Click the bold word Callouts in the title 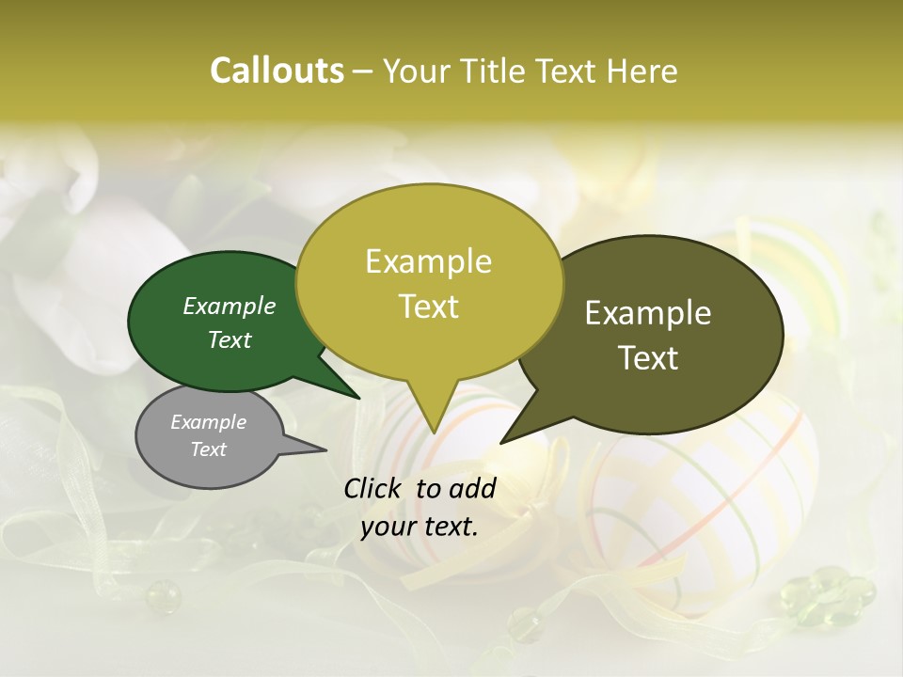pyautogui.click(x=277, y=71)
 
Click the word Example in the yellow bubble pyautogui.click(x=428, y=261)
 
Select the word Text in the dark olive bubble pyautogui.click(x=648, y=357)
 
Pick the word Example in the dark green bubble pyautogui.click(x=230, y=306)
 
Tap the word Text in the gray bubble pyautogui.click(x=209, y=449)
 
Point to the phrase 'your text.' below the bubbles pyautogui.click(x=420, y=527)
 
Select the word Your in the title pyautogui.click(x=413, y=71)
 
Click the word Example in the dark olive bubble pyautogui.click(x=648, y=313)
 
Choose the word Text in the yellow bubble pyautogui.click(x=429, y=307)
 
